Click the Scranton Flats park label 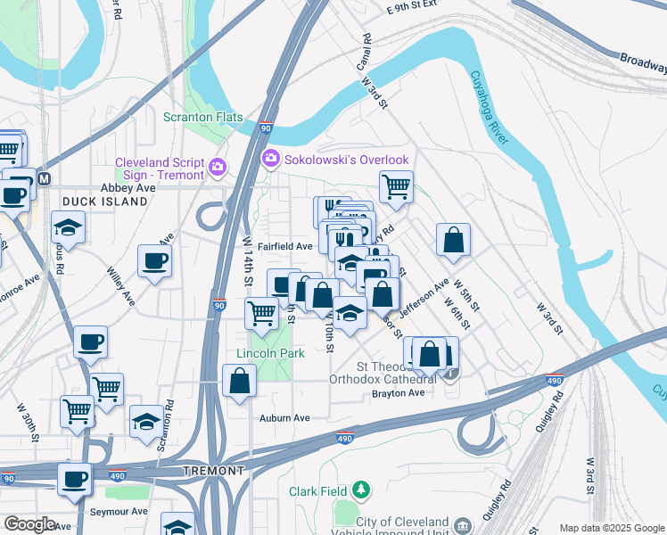202,116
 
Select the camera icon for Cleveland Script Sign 217,167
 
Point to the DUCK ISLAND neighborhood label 104,202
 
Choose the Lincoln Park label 270,353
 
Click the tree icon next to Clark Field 360,490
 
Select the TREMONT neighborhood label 212,470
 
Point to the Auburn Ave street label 284,417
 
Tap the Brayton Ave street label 396,392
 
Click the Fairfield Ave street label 285,246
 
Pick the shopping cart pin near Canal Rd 396,187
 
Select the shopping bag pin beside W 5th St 453,239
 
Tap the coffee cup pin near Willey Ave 154,261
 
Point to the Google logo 29,524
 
